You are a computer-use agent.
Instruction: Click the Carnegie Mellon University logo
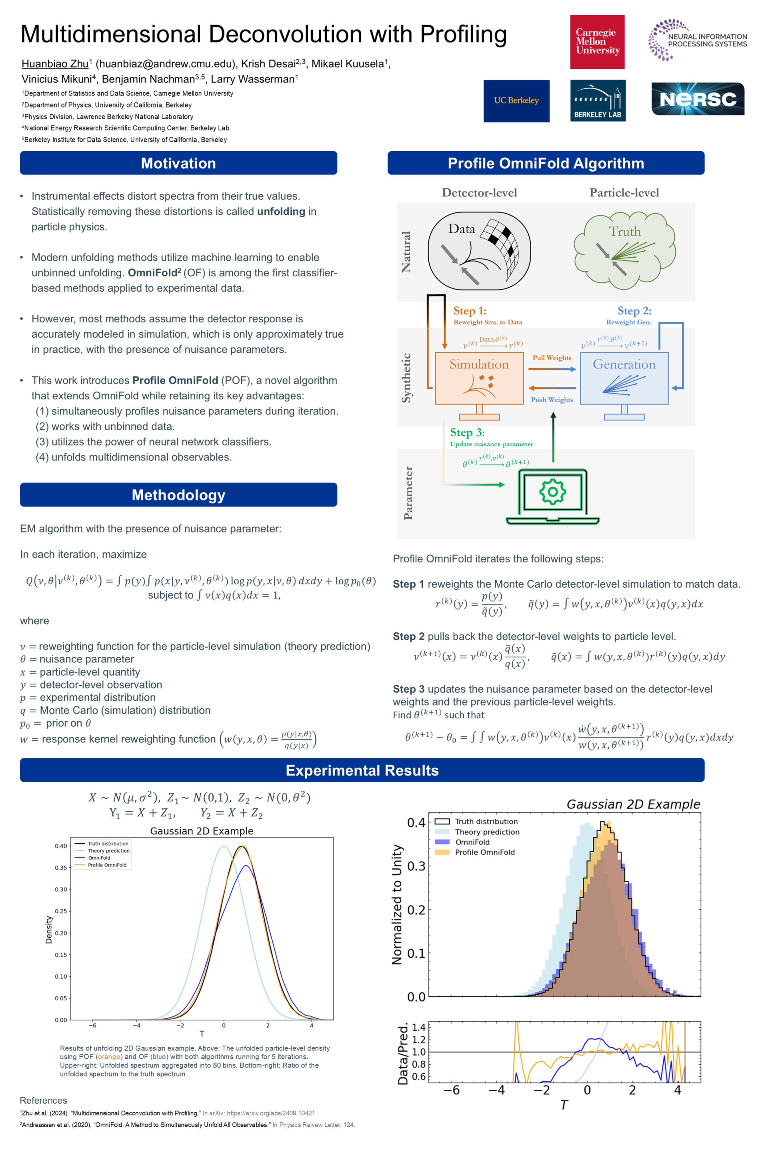click(597, 42)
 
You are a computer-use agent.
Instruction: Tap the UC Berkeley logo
click(516, 101)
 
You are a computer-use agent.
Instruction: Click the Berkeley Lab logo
click(598, 100)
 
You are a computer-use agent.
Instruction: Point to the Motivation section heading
click(178, 163)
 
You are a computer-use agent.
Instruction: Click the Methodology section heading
click(178, 495)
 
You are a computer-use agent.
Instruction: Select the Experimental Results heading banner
click(362, 770)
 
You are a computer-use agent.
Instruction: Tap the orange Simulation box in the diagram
click(479, 378)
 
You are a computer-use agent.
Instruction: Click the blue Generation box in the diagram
click(624, 378)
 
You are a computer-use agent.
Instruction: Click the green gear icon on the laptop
click(552, 491)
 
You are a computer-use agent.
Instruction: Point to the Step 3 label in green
click(467, 432)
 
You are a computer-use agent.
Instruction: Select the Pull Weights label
click(552, 358)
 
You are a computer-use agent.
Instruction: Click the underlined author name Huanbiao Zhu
click(55, 64)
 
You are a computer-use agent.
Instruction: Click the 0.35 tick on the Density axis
click(61, 868)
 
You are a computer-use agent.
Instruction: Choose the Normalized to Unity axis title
click(397, 904)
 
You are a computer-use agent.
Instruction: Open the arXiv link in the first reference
click(270, 1113)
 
